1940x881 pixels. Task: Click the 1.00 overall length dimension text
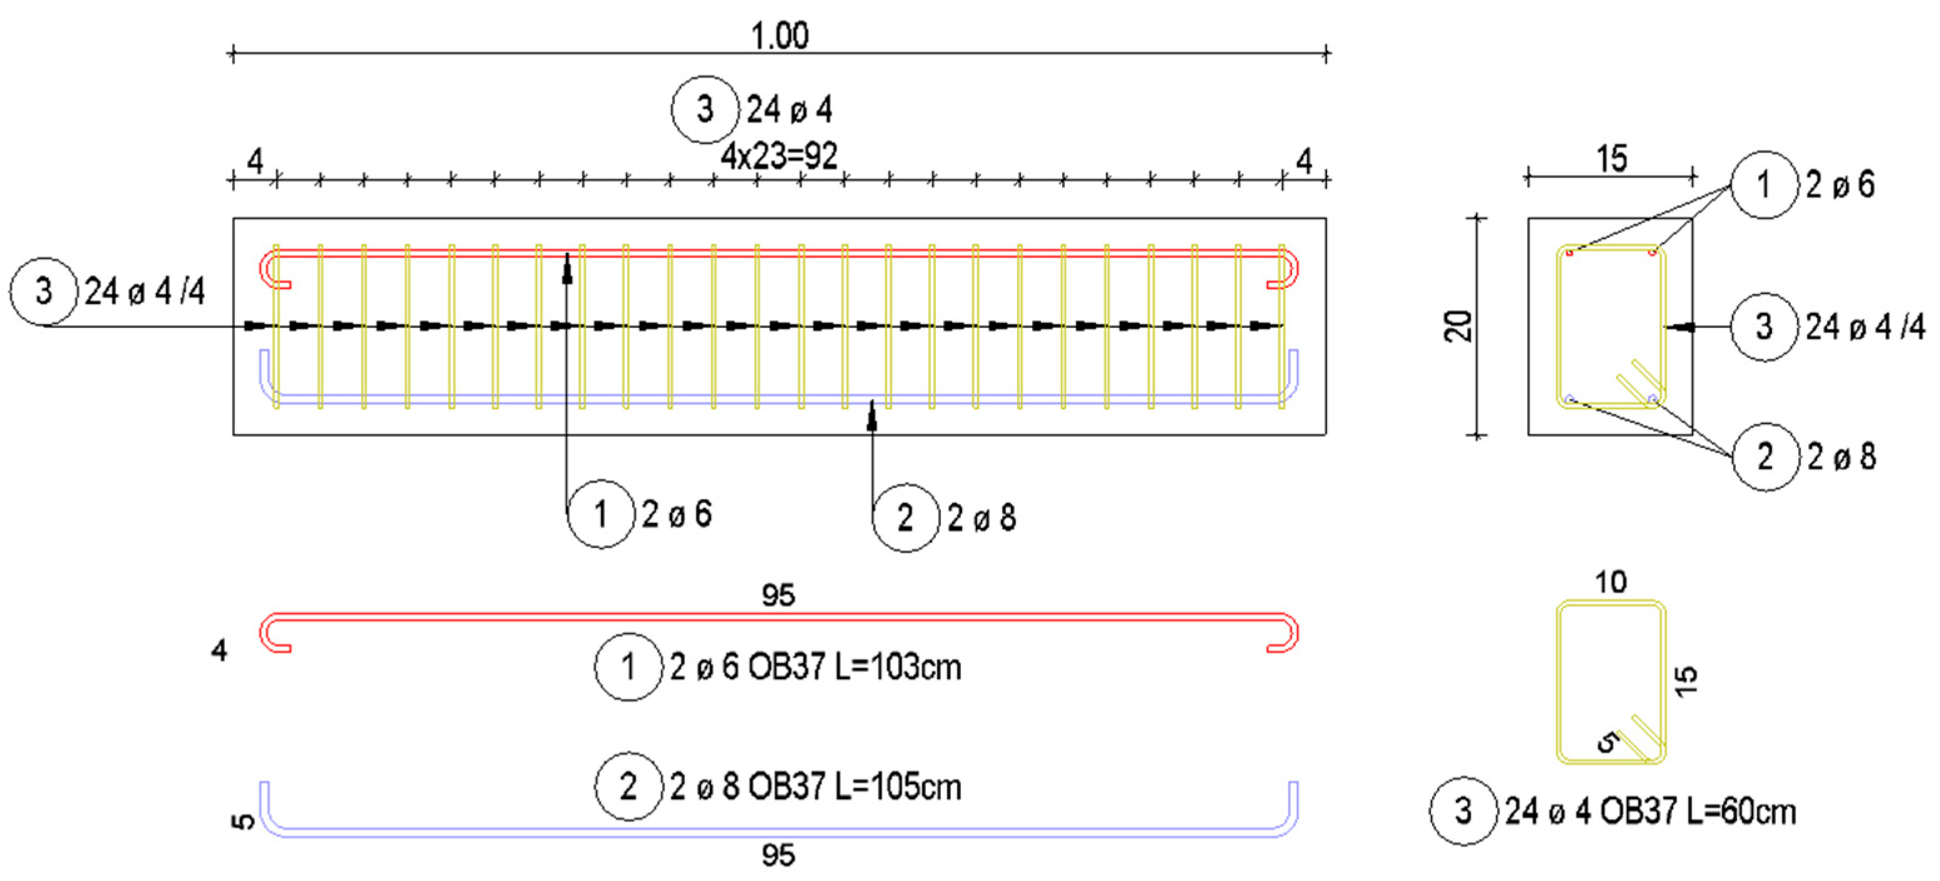coord(780,36)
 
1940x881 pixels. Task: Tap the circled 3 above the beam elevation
coord(705,110)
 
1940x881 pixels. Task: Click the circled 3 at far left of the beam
coord(44,291)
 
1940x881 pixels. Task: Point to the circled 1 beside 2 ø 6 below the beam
coord(600,514)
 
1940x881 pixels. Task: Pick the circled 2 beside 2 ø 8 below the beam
coord(905,518)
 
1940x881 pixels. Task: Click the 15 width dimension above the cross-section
coord(1611,159)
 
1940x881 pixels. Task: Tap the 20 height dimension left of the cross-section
coord(1459,327)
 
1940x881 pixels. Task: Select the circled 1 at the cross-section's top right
coord(1764,184)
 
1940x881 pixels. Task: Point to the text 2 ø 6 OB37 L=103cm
coord(815,667)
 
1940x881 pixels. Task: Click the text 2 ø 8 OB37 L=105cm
coord(815,787)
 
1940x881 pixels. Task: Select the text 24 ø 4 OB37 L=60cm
coord(1649,812)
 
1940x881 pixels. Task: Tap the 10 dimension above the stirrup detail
coord(1610,582)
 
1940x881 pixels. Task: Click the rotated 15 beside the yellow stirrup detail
coord(1687,680)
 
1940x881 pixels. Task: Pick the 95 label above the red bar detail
coord(778,595)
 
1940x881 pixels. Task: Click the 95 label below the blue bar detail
coord(778,855)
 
